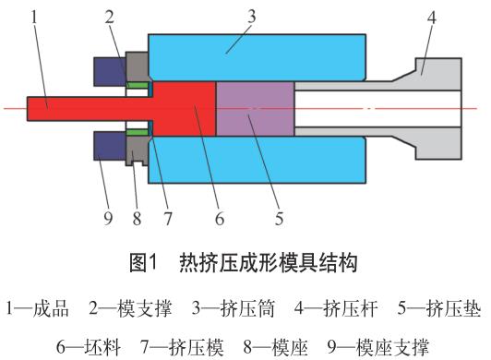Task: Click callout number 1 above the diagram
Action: pyautogui.click(x=34, y=17)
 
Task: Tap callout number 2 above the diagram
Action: pyautogui.click(x=109, y=17)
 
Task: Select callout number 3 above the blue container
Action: pyautogui.click(x=251, y=17)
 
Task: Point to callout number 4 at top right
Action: pyautogui.click(x=432, y=18)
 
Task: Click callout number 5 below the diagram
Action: pyautogui.click(x=279, y=218)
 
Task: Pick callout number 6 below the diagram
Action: pyautogui.click(x=220, y=218)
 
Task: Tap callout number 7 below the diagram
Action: pyautogui.click(x=168, y=218)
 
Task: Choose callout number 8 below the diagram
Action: pyautogui.click(x=137, y=218)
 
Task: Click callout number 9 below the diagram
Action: pyautogui.click(x=108, y=218)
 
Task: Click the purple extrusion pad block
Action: pyautogui.click(x=256, y=109)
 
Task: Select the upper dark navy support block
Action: pyautogui.click(x=110, y=72)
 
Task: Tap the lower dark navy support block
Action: pyautogui.click(x=110, y=146)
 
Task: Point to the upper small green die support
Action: pyautogui.click(x=138, y=85)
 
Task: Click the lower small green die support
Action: pyautogui.click(x=138, y=132)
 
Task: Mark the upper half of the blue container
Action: pyautogui.click(x=257, y=57)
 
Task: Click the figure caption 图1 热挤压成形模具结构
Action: pyautogui.click(x=244, y=262)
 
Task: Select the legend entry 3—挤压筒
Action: pyautogui.click(x=234, y=308)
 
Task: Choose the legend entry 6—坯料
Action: pyautogui.click(x=89, y=347)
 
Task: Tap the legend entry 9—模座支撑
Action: pyautogui.click(x=378, y=347)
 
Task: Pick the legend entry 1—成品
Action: pyautogui.click(x=37, y=308)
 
